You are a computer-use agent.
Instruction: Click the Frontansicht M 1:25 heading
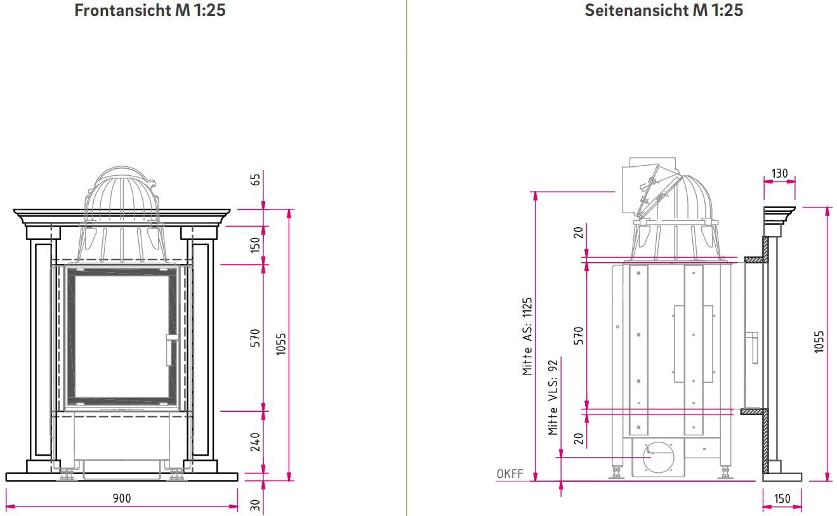[x=150, y=10]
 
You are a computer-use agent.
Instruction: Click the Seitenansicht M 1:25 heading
[x=663, y=10]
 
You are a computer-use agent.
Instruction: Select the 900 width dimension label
[x=122, y=498]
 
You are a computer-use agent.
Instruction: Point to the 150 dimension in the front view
[x=256, y=244]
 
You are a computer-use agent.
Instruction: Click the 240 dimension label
[x=256, y=442]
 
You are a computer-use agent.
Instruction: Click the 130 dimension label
[x=779, y=173]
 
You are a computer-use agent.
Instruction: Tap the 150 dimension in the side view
[x=782, y=498]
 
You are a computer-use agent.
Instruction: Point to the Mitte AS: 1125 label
[x=527, y=336]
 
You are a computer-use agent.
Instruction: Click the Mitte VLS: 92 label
[x=553, y=397]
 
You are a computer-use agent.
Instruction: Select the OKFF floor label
[x=510, y=473]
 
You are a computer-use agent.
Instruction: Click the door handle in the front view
[x=169, y=349]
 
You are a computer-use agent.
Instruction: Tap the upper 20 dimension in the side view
[x=579, y=232]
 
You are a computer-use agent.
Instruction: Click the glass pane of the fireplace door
[x=121, y=336]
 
